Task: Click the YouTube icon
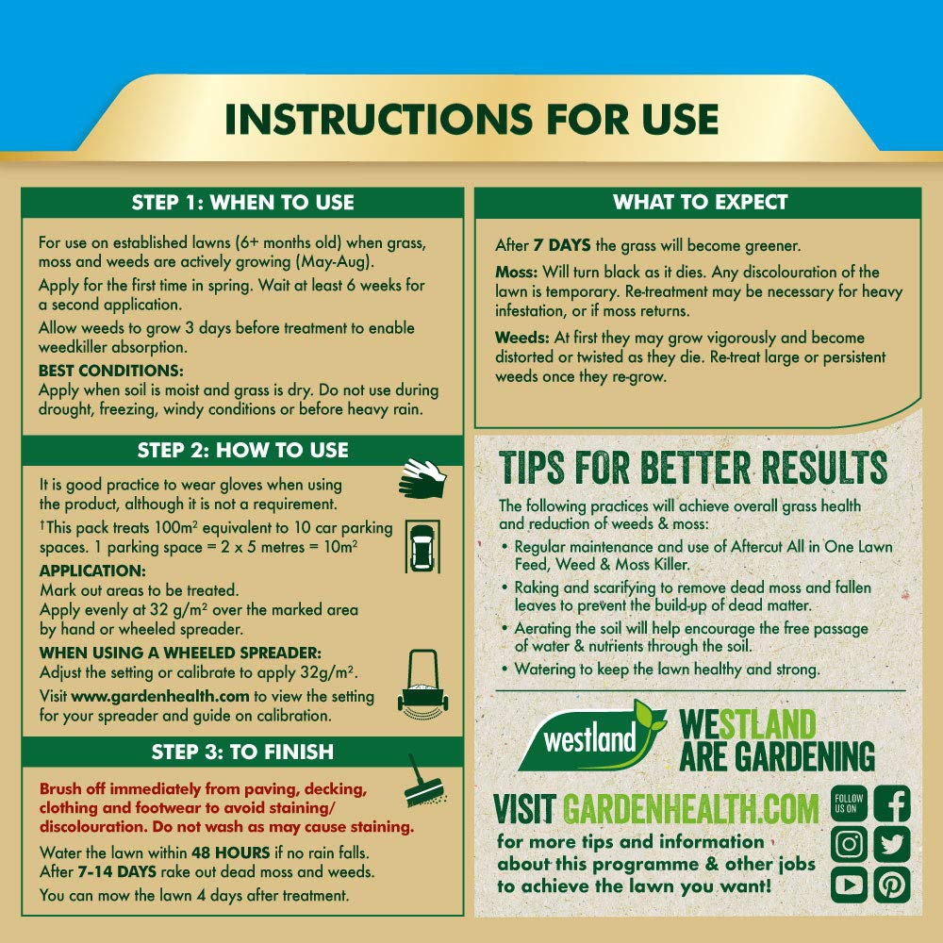point(849,884)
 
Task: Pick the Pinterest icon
point(890,884)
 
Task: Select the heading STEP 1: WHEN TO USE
point(242,203)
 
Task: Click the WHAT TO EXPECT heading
point(700,203)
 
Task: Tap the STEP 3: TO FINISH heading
point(242,752)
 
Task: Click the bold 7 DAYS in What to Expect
point(563,245)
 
